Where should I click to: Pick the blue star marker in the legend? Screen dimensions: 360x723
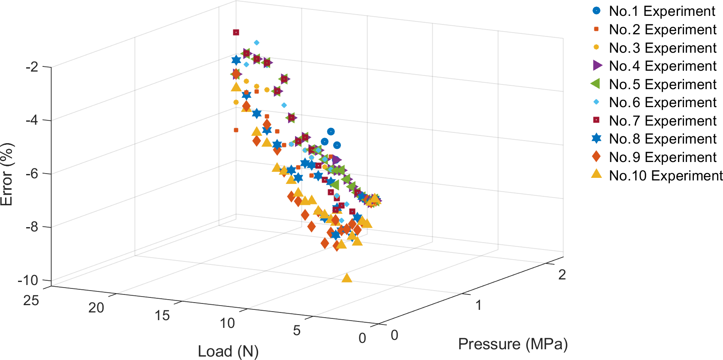[596, 138]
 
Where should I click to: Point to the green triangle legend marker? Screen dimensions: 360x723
[596, 84]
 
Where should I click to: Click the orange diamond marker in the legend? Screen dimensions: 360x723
[596, 157]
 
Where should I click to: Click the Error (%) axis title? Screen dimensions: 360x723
[7, 174]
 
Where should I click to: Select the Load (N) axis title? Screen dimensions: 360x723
[228, 351]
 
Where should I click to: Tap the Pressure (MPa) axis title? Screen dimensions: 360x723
[513, 344]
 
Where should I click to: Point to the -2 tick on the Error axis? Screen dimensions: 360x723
[32, 67]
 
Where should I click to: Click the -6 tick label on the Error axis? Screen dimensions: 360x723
[32, 174]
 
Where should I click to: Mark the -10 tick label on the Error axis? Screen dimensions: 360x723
[28, 281]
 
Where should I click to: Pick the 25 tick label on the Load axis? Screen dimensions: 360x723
[31, 300]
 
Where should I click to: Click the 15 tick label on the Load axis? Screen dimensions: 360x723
[162, 316]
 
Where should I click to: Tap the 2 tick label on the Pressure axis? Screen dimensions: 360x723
[562, 275]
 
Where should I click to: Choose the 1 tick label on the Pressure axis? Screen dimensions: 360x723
[478, 305]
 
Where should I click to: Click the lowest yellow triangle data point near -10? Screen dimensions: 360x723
[347, 278]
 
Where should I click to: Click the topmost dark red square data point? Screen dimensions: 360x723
[236, 33]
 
